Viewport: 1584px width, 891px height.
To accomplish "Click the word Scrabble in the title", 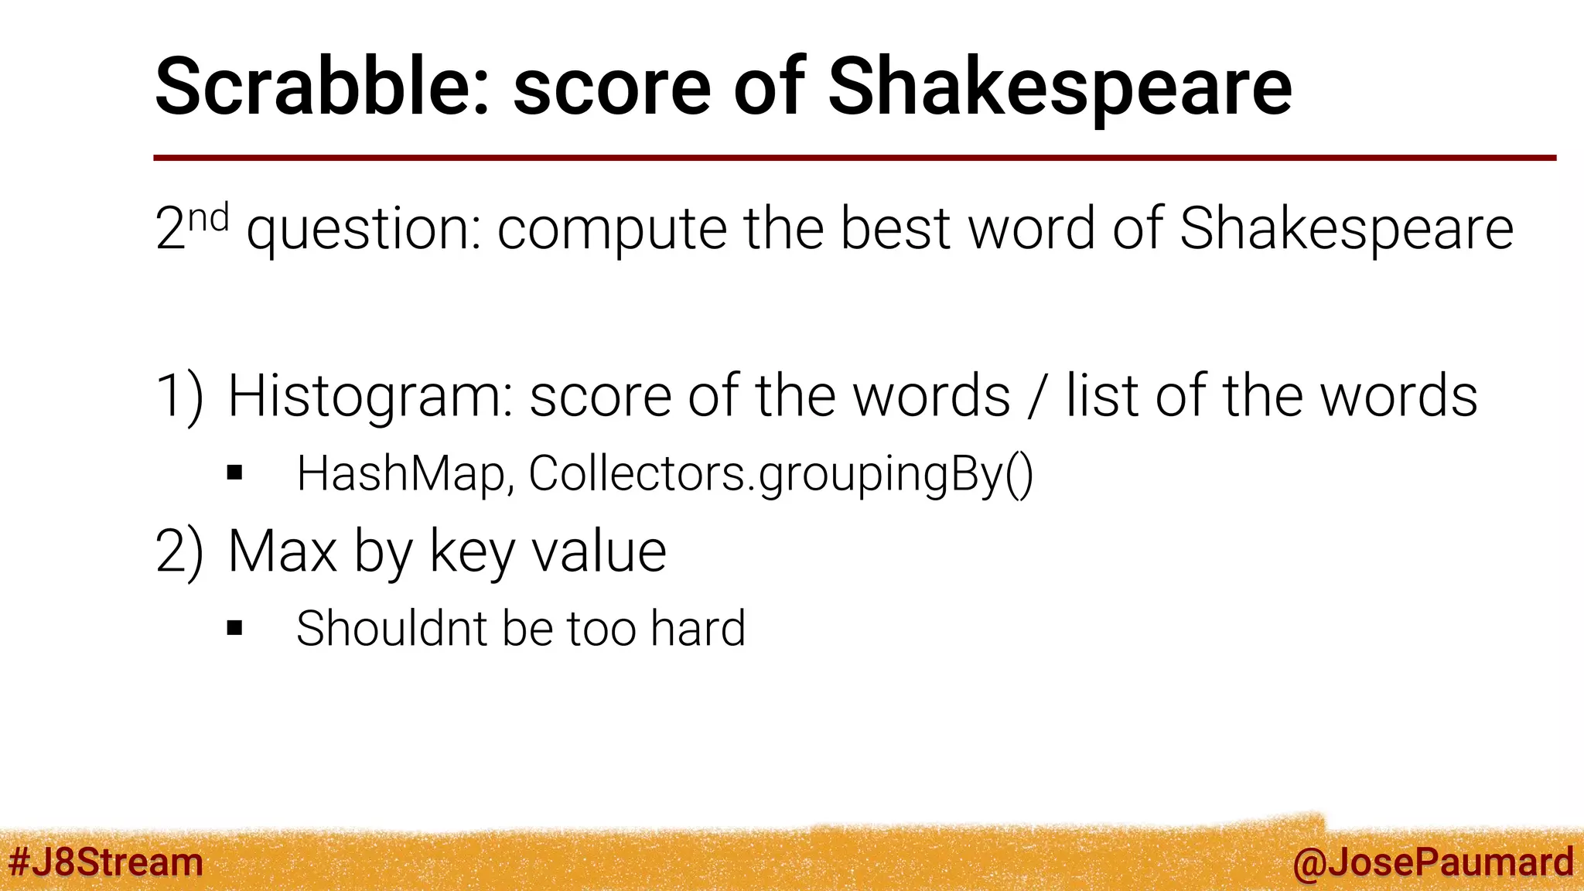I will (321, 87).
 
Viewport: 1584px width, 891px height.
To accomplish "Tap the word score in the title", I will (611, 87).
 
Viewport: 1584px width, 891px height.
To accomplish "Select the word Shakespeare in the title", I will (1060, 87).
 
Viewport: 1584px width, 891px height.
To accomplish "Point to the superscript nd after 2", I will (209, 218).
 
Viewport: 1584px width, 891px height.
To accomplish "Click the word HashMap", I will (401, 473).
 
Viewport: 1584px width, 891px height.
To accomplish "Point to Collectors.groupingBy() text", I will (780, 473).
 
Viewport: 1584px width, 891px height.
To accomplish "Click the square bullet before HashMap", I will (235, 473).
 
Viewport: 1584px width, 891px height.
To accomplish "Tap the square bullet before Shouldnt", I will (235, 627).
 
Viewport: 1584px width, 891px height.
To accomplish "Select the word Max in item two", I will (282, 551).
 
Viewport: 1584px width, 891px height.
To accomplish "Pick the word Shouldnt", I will (391, 628).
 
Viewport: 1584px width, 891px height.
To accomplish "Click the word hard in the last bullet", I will (698, 628).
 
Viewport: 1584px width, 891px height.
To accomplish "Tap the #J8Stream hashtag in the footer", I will (106, 862).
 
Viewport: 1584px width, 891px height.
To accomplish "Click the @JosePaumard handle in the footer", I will (1432, 862).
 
